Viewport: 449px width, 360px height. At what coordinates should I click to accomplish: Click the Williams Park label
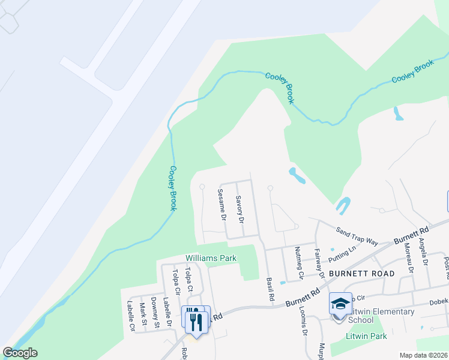pos(211,258)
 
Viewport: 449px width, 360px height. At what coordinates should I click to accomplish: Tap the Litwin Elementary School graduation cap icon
pos(340,304)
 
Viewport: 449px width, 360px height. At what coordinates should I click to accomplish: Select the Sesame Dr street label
pos(220,204)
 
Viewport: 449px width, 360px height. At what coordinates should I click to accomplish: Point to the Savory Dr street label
pos(240,209)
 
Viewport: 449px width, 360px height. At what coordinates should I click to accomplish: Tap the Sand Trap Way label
pos(357,236)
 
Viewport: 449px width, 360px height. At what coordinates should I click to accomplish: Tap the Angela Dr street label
pos(425,251)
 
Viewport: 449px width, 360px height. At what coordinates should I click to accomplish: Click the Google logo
pos(20,352)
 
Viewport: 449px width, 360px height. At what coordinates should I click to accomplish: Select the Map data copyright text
pos(423,355)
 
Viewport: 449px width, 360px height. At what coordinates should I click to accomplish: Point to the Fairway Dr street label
pos(319,264)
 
